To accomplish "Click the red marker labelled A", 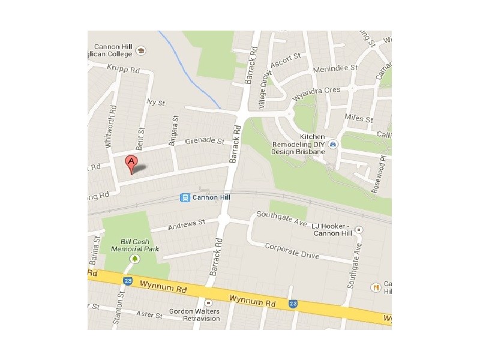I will point(131,162).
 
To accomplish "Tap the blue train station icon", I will point(186,197).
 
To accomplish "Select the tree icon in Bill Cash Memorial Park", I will point(135,259).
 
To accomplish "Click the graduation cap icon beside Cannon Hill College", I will point(140,50).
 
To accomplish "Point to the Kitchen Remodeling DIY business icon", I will point(333,145).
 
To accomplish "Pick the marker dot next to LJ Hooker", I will point(359,229).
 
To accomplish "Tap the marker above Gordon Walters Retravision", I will point(208,303).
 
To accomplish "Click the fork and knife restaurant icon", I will point(376,287).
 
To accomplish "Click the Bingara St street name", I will point(175,127).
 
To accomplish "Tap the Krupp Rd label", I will point(124,70).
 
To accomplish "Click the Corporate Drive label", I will point(292,250).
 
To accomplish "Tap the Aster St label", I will point(150,315).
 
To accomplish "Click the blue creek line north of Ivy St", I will point(186,66).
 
